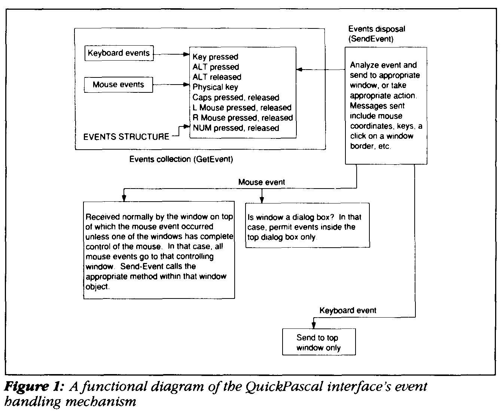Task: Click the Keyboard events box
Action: coord(119,53)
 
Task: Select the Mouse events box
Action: coord(118,85)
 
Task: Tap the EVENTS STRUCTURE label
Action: coord(126,137)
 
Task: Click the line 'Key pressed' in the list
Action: coord(215,57)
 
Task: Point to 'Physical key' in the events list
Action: coord(215,87)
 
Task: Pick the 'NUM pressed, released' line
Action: coord(236,128)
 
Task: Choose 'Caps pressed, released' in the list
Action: coord(236,98)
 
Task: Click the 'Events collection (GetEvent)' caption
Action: coord(181,159)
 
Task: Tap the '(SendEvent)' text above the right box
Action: coord(371,39)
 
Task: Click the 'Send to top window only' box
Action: coord(318,342)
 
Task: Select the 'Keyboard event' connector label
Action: coord(348,310)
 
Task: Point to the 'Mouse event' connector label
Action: coord(262,182)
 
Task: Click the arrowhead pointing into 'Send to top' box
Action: coord(314,326)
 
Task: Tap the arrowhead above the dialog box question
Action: coord(262,200)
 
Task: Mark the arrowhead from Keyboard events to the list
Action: coord(187,55)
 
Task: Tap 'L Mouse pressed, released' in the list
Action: coord(242,108)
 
